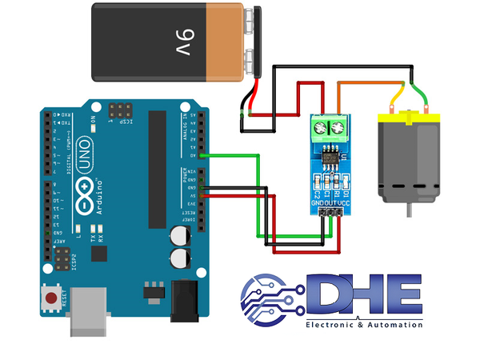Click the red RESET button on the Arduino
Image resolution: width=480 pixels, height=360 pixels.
pos(53,299)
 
